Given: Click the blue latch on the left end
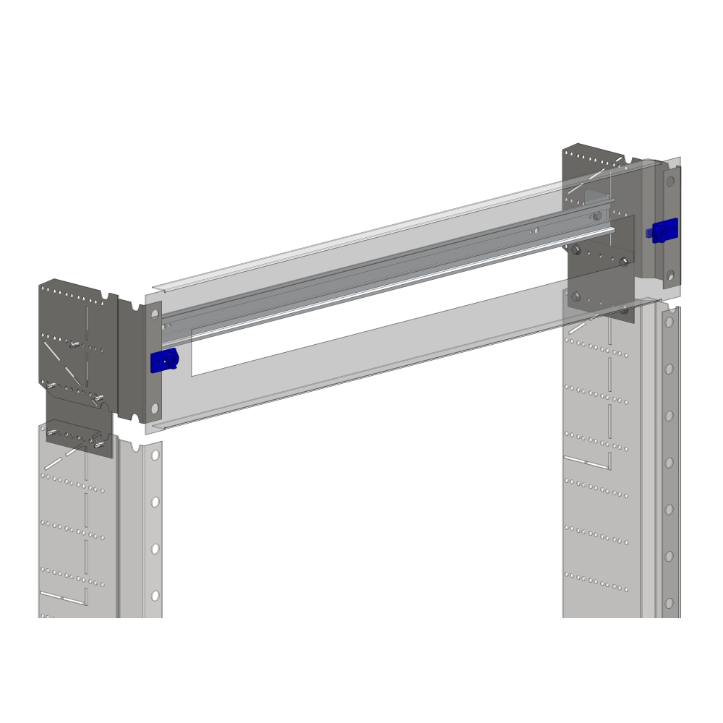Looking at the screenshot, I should pos(164,360).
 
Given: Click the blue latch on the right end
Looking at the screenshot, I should pos(664,231).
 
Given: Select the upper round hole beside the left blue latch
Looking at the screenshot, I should pos(155,315).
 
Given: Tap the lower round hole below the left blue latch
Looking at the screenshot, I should pos(155,409).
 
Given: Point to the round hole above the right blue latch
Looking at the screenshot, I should pos(670,181).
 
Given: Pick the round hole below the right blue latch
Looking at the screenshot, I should pos(670,275).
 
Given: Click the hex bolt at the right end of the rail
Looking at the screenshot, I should pos(596,216).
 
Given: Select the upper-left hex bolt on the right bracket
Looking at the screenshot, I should pos(576,251).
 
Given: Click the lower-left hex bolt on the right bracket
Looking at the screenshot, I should pos(576,296).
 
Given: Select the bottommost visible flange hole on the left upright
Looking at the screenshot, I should pos(155,596).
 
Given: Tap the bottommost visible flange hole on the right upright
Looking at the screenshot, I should pos(669,602).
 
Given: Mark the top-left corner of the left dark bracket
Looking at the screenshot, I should pos(40,285).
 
